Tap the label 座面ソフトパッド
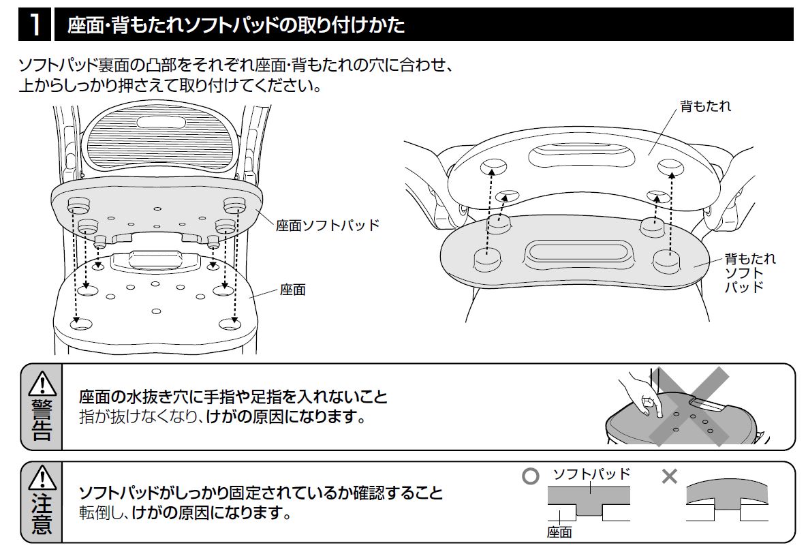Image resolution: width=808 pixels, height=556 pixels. pos(327,226)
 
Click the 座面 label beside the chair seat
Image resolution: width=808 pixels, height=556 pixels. pos(292,290)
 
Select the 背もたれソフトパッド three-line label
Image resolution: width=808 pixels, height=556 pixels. pos(749,273)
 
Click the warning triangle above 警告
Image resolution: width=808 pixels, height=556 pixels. pos(42,384)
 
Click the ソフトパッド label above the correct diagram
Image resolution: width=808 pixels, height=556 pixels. pos(591,474)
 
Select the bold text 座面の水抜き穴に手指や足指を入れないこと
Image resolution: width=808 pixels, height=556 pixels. pos(233,397)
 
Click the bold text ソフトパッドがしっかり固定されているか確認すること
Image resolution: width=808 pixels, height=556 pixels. pos(261,493)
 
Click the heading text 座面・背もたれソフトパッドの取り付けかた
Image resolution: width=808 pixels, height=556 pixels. pos(236,26)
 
